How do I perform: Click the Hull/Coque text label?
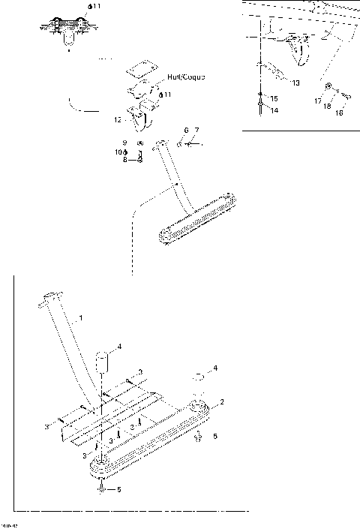point(186,77)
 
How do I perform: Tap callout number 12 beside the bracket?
point(117,119)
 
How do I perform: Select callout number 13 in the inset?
point(295,83)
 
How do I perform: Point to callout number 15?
point(274,98)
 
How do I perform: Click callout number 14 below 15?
point(274,110)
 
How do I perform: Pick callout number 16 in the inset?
point(340,114)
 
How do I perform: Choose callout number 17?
point(318,99)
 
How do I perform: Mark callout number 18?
point(328,107)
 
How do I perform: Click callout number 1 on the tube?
point(81,318)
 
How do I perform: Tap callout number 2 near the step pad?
point(222,402)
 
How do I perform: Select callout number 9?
point(125,142)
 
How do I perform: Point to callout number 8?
point(125,159)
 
